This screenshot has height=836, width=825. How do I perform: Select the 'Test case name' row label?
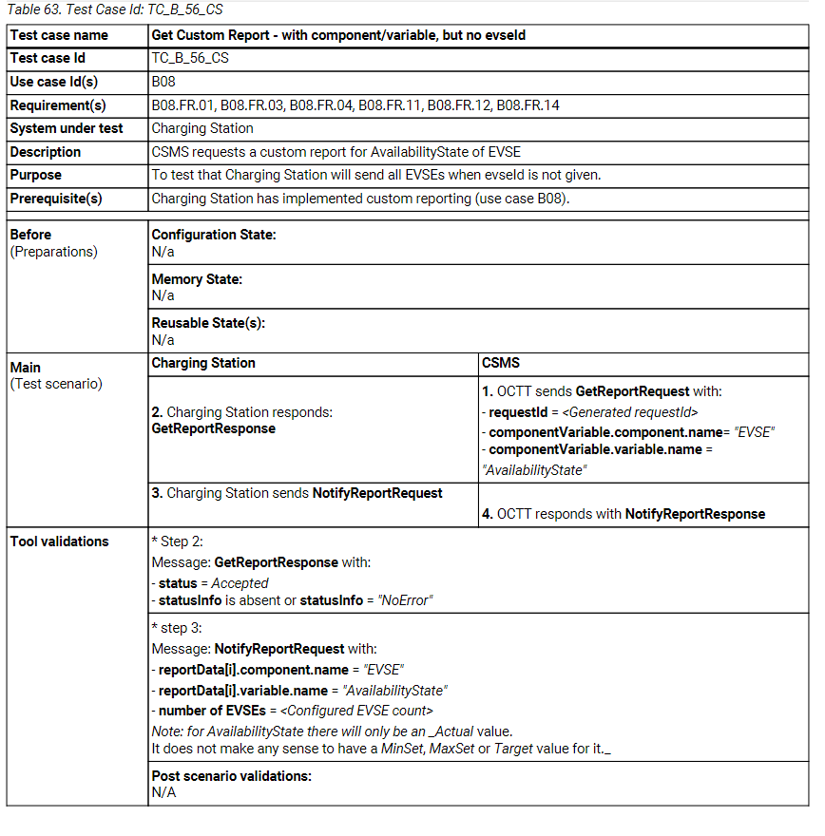coord(59,35)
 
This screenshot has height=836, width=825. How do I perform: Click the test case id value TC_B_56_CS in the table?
coord(190,58)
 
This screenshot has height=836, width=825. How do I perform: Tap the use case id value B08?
coord(164,82)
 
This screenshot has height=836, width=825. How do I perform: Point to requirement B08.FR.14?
coord(528,105)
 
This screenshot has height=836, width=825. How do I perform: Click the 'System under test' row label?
coord(67,128)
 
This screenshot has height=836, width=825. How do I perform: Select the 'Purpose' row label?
coord(36,175)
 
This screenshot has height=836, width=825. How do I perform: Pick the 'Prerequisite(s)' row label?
coord(56,199)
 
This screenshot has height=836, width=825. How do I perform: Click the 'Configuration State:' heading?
coord(214,235)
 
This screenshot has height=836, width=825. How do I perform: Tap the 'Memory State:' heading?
coord(197,279)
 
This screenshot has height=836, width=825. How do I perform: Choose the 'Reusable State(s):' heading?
coord(208,323)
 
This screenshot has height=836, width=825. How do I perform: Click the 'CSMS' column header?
coord(502,363)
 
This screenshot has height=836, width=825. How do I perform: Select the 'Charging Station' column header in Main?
coord(203,363)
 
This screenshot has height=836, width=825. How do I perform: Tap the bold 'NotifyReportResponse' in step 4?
coord(695,514)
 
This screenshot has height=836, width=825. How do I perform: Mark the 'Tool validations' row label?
coord(59,541)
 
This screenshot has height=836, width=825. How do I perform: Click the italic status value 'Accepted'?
coord(240,583)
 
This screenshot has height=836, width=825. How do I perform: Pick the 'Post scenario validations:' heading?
coord(232,776)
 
